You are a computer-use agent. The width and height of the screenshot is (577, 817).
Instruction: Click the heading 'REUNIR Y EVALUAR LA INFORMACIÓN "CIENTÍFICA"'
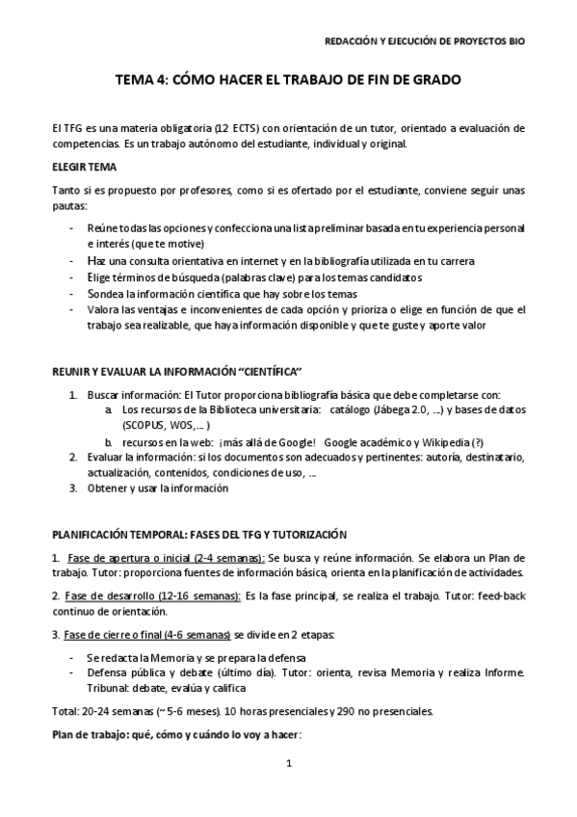coord(177,372)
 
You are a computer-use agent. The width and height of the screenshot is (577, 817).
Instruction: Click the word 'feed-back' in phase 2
coord(502,596)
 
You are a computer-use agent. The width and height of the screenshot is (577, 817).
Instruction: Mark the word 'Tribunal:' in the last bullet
coord(107,688)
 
